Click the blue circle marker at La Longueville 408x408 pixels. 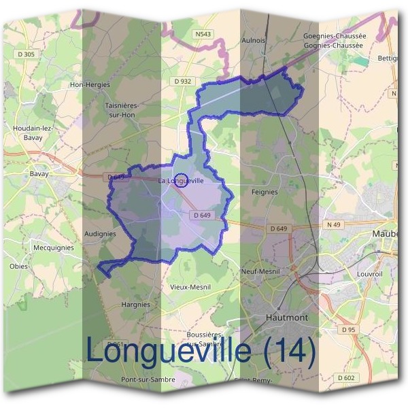click(181, 180)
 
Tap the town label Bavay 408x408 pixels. click(39, 174)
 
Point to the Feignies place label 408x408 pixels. click(264, 192)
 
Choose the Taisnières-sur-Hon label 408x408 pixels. click(122, 110)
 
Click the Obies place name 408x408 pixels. click(19, 267)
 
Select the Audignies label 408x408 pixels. click(100, 234)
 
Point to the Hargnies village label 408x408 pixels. click(135, 305)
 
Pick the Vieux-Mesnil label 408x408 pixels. click(190, 287)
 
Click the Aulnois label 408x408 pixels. click(253, 41)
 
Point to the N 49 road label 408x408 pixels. click(333, 225)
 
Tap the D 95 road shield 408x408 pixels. click(349, 330)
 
